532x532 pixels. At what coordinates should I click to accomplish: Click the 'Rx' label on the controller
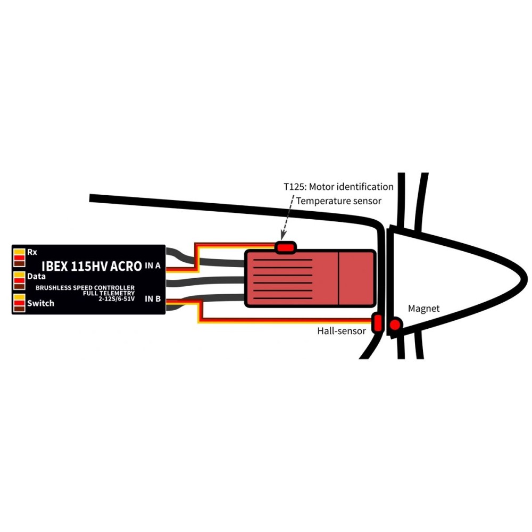(32, 252)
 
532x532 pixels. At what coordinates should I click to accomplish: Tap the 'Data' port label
(36, 277)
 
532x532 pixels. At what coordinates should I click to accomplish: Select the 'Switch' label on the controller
(41, 303)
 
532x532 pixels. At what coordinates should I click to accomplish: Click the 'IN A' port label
(153, 265)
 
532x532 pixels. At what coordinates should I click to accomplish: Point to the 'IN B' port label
(153, 298)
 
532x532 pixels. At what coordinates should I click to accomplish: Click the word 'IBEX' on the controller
(55, 267)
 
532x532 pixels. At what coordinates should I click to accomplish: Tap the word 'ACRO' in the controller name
(126, 267)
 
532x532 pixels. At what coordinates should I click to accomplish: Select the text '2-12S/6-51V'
(117, 299)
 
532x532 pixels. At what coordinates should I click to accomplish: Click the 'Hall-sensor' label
(342, 331)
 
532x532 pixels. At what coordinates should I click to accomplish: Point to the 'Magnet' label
(424, 309)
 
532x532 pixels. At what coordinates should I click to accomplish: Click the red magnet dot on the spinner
(395, 325)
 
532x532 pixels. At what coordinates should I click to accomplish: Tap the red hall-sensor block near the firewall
(378, 323)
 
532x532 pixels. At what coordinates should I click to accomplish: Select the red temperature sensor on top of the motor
(285, 247)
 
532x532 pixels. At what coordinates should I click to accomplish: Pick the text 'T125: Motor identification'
(338, 187)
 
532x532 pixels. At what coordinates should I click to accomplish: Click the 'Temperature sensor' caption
(338, 201)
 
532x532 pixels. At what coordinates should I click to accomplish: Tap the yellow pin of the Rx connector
(19, 252)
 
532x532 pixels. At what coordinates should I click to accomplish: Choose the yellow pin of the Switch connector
(19, 297)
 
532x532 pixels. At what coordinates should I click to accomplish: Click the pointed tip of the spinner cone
(527, 279)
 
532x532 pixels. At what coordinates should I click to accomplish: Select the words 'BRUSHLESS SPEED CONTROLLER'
(85, 288)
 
